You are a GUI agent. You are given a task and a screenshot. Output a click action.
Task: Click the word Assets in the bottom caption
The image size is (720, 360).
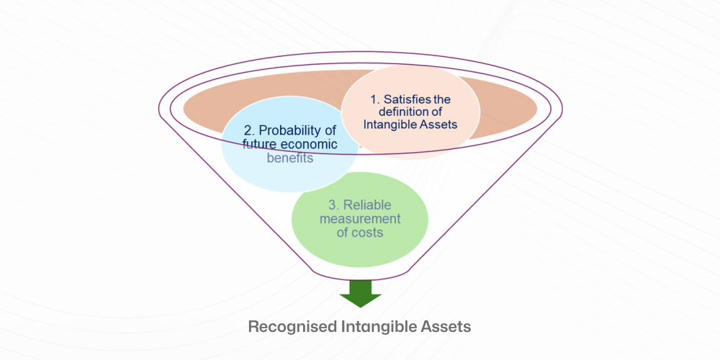click(x=446, y=326)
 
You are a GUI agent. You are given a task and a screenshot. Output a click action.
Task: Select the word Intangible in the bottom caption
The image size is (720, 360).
click(x=379, y=326)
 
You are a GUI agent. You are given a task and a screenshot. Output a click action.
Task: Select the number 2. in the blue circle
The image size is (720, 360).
click(x=248, y=130)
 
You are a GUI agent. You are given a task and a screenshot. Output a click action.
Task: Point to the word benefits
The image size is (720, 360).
click(x=290, y=158)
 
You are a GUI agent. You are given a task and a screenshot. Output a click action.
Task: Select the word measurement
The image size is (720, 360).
click(x=359, y=219)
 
